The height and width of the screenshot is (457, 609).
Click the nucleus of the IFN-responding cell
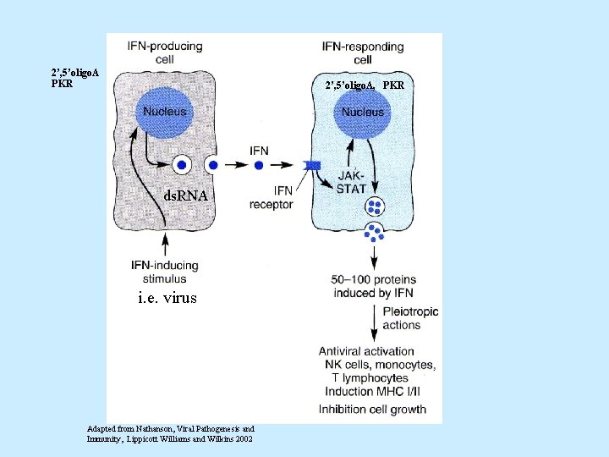point(362,111)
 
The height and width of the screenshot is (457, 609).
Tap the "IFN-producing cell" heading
point(164,52)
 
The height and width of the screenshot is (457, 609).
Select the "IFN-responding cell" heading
point(362,52)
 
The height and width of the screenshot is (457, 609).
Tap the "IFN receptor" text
point(272,196)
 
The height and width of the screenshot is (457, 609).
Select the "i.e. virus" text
point(167,298)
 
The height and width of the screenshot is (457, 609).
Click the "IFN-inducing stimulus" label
point(164,271)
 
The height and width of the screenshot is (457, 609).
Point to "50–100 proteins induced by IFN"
point(373,286)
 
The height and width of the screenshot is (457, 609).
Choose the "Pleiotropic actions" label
point(410,318)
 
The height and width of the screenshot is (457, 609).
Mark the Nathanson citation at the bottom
point(170,432)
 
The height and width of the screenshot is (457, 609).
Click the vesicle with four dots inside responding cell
point(374,207)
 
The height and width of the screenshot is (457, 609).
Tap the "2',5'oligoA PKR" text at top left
point(74,78)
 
